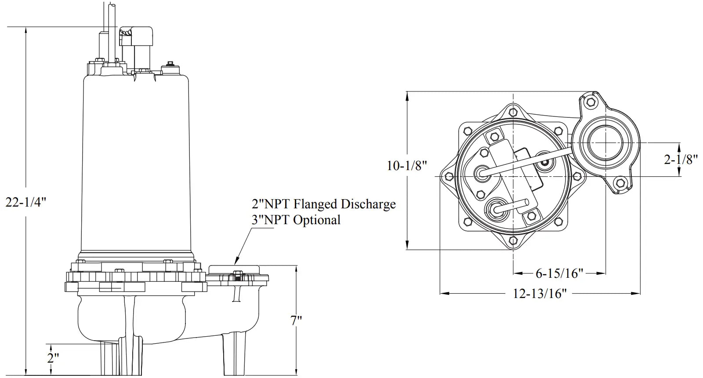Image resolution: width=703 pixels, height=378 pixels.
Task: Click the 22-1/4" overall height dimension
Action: click(25, 202)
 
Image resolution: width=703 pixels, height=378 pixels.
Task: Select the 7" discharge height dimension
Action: click(297, 321)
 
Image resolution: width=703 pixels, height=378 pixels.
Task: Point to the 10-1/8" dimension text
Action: click(407, 166)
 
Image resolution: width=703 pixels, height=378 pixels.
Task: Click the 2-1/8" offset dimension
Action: click(681, 159)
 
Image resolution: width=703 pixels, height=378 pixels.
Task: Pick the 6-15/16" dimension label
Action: click(559, 273)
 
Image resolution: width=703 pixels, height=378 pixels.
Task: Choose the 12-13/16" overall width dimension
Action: click(540, 293)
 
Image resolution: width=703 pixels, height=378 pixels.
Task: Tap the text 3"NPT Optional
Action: click(296, 220)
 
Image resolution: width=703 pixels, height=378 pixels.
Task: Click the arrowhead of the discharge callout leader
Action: click(236, 261)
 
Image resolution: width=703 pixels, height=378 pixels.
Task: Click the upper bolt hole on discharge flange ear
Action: click(591, 102)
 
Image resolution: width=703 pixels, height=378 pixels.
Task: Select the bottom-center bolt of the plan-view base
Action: click(513, 240)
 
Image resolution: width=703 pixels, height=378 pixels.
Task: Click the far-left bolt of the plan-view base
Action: click(449, 176)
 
